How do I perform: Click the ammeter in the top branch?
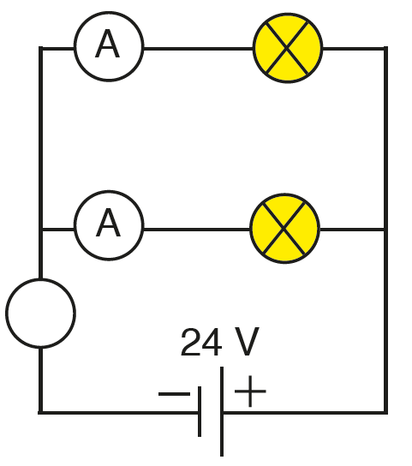pos(109,46)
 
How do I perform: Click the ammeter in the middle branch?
pos(109,225)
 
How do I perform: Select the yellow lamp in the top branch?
pos(288,48)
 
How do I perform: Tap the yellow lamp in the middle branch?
pos(284,228)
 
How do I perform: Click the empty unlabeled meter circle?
pos(41,313)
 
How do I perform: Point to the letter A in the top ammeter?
pos(108,44)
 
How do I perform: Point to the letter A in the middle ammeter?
pos(108,223)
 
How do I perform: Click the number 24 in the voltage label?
pos(201,342)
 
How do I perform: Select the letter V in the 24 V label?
pos(247,341)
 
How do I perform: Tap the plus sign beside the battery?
pos(250,391)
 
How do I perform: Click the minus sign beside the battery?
pos(174,394)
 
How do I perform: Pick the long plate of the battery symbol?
pos(222,411)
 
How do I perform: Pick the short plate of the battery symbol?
pos(200,412)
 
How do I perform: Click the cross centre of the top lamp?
pos(287,48)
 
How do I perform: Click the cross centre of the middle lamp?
pos(284,228)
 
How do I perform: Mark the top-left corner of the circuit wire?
pos(41,49)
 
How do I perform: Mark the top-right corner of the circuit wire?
pos(385,49)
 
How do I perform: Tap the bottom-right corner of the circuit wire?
pos(385,413)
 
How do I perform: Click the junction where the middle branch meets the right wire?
pos(385,229)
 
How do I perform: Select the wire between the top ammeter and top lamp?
pos(198,49)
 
